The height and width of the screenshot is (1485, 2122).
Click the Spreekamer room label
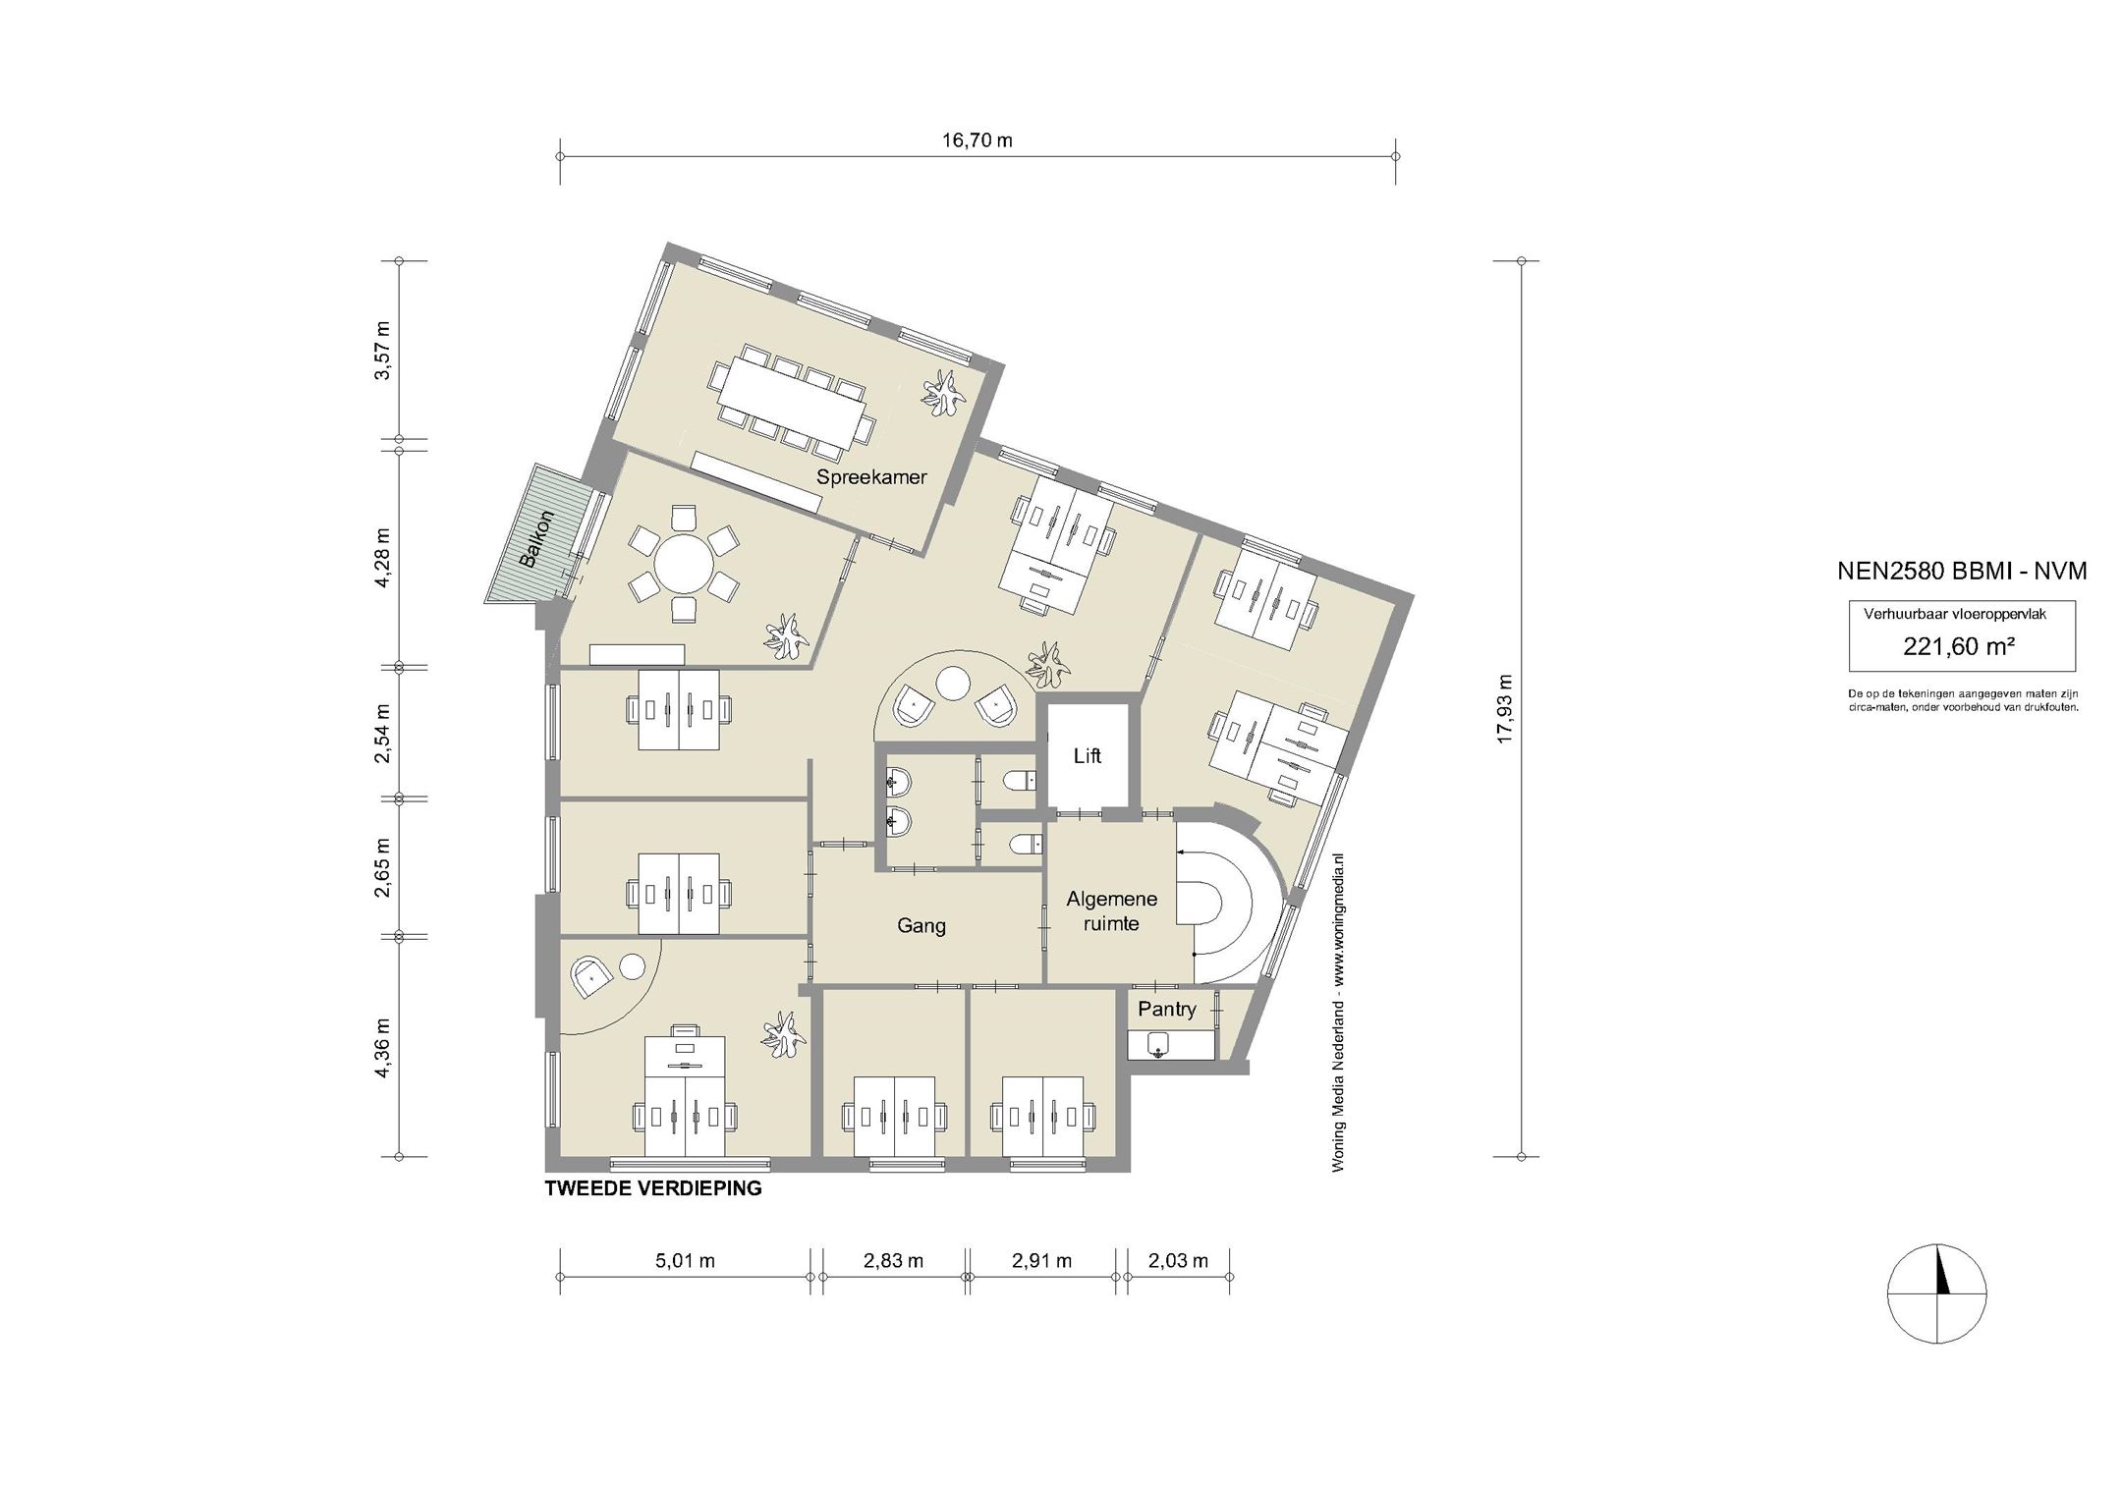[x=871, y=478]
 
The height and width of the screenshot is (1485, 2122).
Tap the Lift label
[x=1087, y=756]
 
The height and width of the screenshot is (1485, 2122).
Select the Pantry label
[x=1167, y=1010]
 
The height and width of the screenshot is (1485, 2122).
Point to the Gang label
[x=921, y=925]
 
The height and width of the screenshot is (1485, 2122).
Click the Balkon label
[x=537, y=539]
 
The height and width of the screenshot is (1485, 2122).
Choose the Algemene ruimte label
[x=1111, y=910]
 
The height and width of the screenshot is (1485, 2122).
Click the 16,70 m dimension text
[x=977, y=140]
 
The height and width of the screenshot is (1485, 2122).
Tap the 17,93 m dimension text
[x=1505, y=709]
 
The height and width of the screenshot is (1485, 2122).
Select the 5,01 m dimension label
[x=685, y=1261]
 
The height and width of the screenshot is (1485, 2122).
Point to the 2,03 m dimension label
[x=1178, y=1261]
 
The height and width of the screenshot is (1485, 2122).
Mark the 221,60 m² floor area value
[x=1960, y=646]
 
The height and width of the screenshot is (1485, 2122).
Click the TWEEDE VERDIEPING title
[x=653, y=1188]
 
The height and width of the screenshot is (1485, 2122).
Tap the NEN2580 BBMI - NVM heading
[x=1962, y=571]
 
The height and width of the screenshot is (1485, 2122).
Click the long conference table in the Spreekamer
[x=791, y=401]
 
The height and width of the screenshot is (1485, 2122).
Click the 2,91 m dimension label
[x=1041, y=1261]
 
